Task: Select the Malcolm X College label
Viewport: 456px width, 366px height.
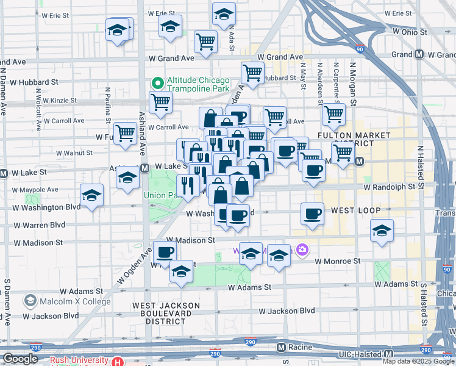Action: [63, 301]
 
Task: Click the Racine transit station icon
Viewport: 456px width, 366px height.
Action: [281, 348]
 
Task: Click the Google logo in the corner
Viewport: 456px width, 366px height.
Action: [20, 359]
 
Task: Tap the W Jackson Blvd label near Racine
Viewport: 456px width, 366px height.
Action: [287, 311]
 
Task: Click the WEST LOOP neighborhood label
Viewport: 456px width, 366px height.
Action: [355, 210]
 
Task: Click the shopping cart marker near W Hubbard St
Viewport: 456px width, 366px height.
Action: [252, 73]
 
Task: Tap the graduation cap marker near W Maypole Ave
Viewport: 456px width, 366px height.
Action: [91, 195]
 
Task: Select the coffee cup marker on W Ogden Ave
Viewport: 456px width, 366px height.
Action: [165, 252]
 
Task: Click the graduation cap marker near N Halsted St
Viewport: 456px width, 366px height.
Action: [382, 231]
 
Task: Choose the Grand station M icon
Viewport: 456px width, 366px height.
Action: [419, 54]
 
